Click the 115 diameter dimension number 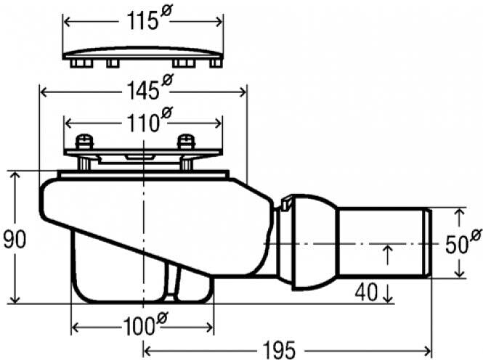(142, 22)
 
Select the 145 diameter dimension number (143, 91)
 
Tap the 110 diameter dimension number (143, 123)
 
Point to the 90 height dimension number (15, 240)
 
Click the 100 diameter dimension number (139, 327)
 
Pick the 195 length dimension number (279, 351)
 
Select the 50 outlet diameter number (456, 245)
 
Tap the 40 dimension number (366, 292)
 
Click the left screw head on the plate (84, 142)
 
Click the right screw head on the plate (187, 142)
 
